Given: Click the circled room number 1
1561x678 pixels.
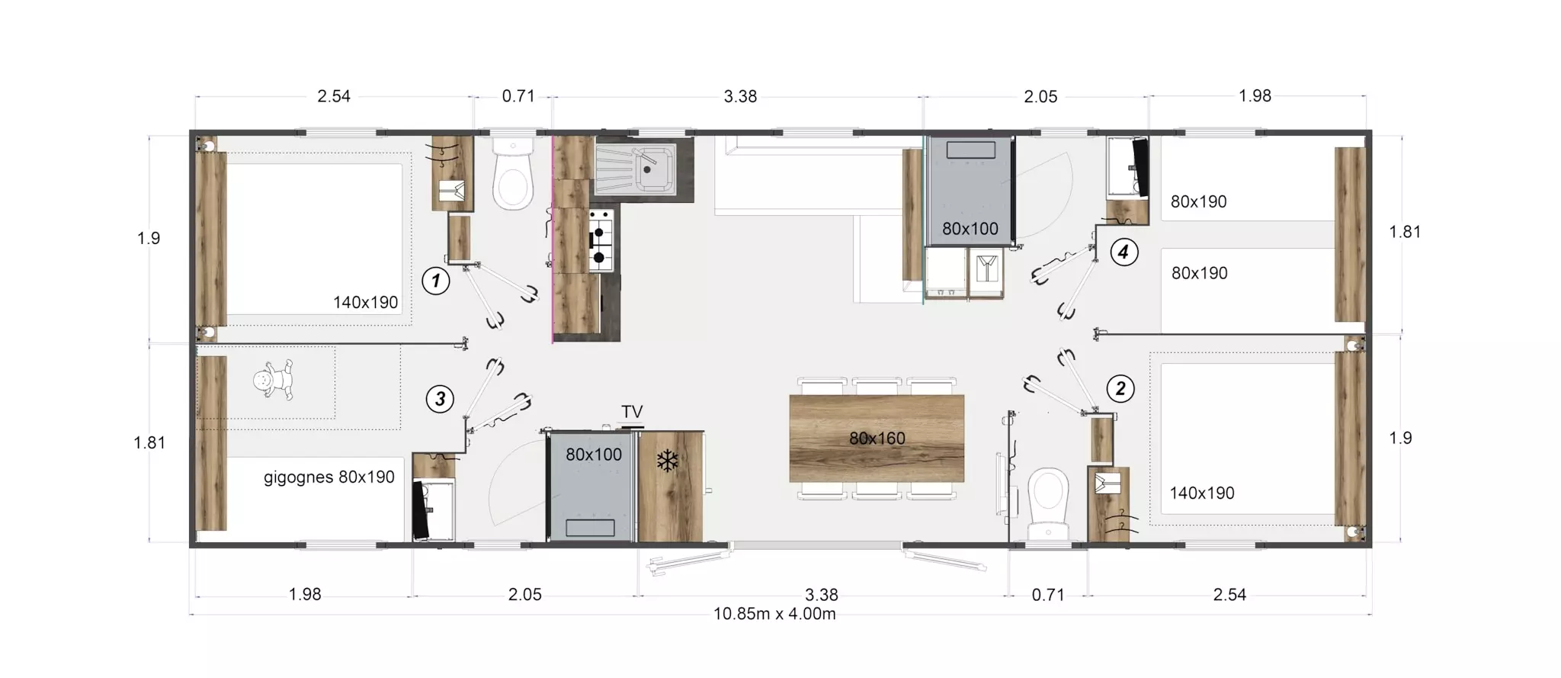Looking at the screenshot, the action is pyautogui.click(x=435, y=281).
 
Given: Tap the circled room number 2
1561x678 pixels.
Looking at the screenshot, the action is pyautogui.click(x=1120, y=389).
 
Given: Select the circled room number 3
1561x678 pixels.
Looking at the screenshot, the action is pyautogui.click(x=440, y=399).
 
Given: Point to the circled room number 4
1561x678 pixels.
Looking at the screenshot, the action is pyautogui.click(x=1123, y=252).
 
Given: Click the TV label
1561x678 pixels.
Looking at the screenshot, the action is pyautogui.click(x=632, y=412).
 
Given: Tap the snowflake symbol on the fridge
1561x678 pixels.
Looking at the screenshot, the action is pyautogui.click(x=668, y=461).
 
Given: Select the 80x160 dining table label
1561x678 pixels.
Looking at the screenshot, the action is pyautogui.click(x=877, y=439).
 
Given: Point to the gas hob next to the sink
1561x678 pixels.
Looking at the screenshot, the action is pyautogui.click(x=600, y=240).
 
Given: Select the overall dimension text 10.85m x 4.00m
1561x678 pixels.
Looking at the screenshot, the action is pyautogui.click(x=774, y=614).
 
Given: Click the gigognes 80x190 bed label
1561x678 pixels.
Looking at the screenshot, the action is pyautogui.click(x=329, y=477).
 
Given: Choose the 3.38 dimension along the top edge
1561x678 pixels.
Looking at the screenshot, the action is pyautogui.click(x=740, y=96).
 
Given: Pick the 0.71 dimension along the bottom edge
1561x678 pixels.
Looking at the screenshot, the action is pyautogui.click(x=1048, y=595).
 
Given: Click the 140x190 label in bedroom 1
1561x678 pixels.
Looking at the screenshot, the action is pyautogui.click(x=366, y=302).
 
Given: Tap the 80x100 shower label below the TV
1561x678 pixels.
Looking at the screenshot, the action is pyautogui.click(x=594, y=455).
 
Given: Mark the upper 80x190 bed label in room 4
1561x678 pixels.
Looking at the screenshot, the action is pyautogui.click(x=1199, y=202).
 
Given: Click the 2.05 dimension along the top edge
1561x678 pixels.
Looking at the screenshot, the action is pyautogui.click(x=1040, y=97).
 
